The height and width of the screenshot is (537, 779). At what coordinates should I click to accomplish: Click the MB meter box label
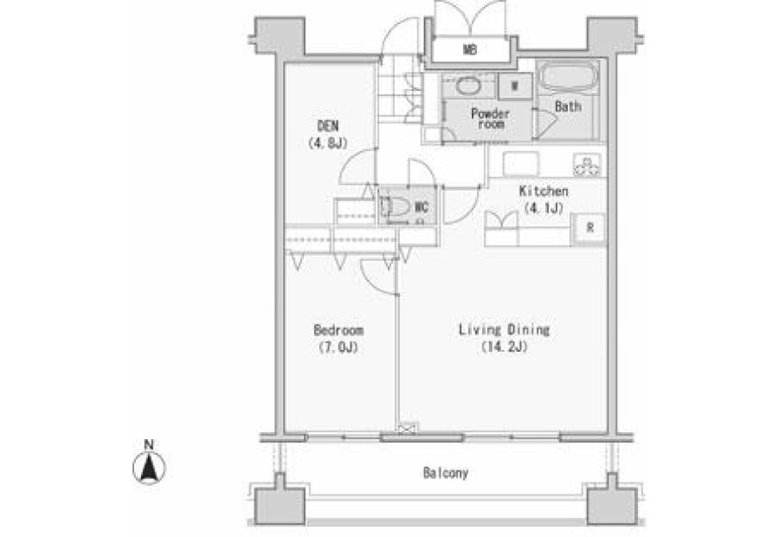click(470, 49)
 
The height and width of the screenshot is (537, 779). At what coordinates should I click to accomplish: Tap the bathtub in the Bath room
click(568, 76)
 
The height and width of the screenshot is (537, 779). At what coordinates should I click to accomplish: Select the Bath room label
click(568, 107)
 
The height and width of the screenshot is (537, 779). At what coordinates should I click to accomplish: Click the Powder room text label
click(491, 119)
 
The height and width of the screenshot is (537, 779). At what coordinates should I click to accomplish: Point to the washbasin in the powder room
click(467, 86)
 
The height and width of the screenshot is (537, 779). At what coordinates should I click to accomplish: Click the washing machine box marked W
click(515, 86)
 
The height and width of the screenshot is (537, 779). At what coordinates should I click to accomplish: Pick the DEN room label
click(327, 126)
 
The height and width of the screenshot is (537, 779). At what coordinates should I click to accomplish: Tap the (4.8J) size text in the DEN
click(327, 144)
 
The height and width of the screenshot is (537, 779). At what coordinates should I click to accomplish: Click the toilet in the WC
click(396, 206)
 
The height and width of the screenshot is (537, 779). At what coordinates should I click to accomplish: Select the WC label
click(422, 206)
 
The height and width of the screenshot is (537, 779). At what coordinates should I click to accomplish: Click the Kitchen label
click(544, 191)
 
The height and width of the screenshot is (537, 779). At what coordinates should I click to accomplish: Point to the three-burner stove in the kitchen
click(587, 165)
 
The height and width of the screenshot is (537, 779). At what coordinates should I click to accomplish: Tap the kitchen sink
click(521, 164)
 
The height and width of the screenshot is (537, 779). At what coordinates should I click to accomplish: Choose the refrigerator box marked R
click(589, 229)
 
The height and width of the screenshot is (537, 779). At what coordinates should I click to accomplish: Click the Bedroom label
click(338, 330)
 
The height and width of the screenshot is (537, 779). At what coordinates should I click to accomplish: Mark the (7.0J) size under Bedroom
click(338, 347)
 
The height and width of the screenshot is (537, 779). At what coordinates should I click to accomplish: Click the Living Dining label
click(504, 330)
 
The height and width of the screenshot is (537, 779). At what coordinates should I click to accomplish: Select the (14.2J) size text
click(505, 346)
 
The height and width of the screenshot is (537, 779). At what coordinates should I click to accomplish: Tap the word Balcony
click(446, 473)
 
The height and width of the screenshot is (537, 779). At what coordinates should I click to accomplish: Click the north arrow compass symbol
click(149, 468)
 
